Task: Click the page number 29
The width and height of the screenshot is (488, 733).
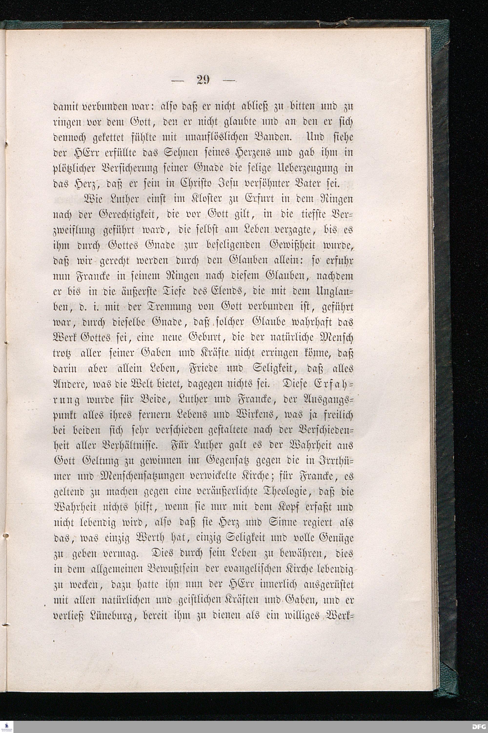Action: coord(204,80)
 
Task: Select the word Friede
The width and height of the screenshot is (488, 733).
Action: coord(203,369)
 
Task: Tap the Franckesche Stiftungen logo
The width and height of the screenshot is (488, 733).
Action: coord(7,726)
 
